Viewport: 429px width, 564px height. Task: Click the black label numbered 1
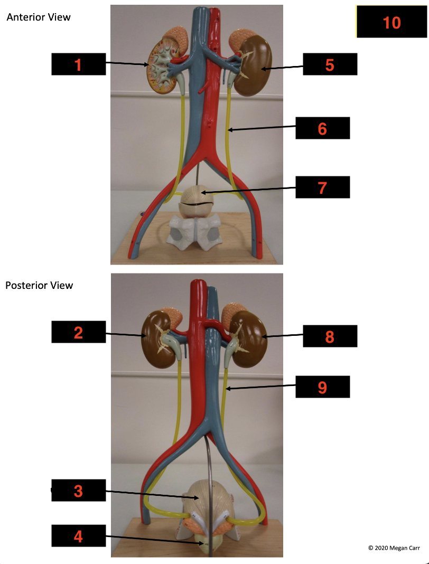pyautogui.click(x=79, y=64)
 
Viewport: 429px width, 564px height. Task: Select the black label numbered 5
pyautogui.click(x=330, y=64)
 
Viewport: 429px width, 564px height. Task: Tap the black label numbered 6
pyautogui.click(x=322, y=128)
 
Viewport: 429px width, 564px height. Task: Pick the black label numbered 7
pyautogui.click(x=322, y=187)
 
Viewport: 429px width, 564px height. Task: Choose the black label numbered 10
pyautogui.click(x=391, y=22)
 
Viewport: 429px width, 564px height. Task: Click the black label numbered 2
pyautogui.click(x=79, y=332)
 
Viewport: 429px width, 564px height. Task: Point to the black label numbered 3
pyautogui.click(x=79, y=490)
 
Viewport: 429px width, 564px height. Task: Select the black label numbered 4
pyautogui.click(x=79, y=535)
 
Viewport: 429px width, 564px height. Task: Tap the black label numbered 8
pyautogui.click(x=330, y=336)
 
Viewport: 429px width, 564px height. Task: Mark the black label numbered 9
pyautogui.click(x=322, y=387)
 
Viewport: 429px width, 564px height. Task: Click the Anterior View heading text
pyautogui.click(x=39, y=17)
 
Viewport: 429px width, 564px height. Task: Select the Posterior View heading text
pyautogui.click(x=39, y=285)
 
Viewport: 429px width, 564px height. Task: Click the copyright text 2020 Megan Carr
pyautogui.click(x=394, y=548)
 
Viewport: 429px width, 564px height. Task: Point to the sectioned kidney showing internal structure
pyautogui.click(x=163, y=68)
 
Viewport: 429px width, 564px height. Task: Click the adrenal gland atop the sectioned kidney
pyautogui.click(x=175, y=38)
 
